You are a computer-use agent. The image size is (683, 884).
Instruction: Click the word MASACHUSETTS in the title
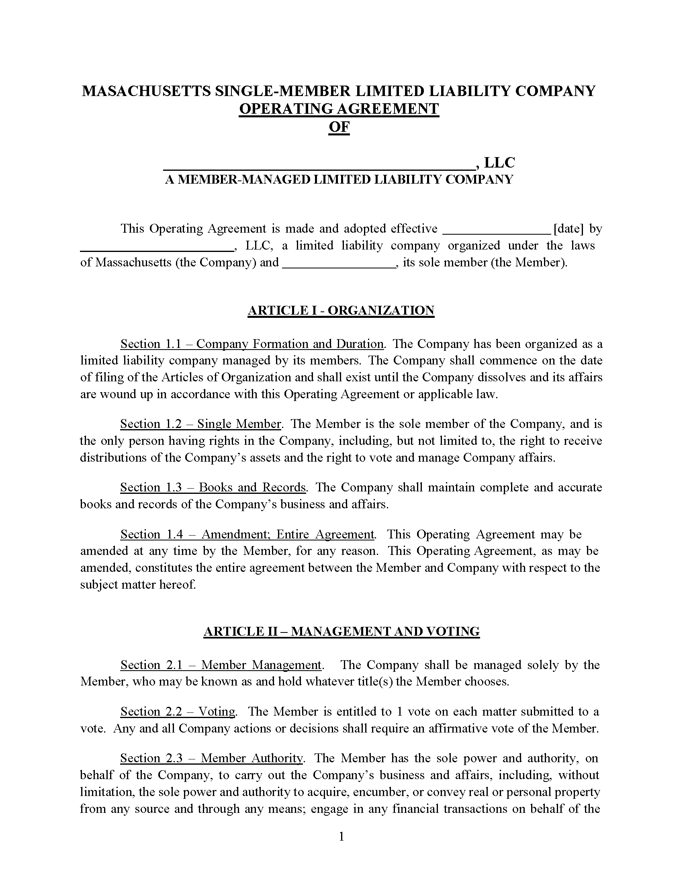coord(146,91)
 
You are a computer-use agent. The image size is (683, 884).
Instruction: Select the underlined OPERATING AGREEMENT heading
coord(339,109)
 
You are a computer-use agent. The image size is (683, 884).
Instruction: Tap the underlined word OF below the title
coord(339,127)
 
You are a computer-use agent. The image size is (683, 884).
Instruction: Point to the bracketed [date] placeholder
coord(568,229)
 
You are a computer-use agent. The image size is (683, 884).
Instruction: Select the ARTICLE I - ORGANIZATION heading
coord(341,311)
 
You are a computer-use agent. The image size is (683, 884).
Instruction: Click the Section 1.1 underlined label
coord(152,344)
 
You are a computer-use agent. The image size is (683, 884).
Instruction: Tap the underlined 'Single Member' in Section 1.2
coord(239,424)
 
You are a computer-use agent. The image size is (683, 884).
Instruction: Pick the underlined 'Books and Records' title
coord(252,487)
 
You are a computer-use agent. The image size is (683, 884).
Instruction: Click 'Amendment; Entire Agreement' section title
coord(288,534)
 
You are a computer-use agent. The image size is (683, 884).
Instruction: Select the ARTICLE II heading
coord(341,631)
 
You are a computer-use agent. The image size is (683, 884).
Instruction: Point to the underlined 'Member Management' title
coord(261,665)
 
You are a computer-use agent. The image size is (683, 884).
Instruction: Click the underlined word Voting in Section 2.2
coord(217,712)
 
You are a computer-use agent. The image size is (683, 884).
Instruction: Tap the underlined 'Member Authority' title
coord(252,758)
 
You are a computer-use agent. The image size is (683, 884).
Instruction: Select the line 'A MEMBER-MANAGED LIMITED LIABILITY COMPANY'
coord(339,179)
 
